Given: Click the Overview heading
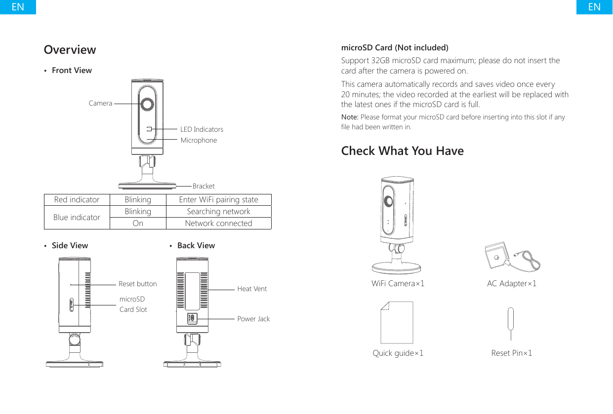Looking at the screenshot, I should click(x=70, y=50).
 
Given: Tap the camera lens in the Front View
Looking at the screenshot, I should click(x=147, y=104).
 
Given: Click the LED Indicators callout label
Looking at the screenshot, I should click(x=202, y=129).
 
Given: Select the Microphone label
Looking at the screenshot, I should click(x=199, y=140).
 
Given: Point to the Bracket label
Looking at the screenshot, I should click(x=204, y=186).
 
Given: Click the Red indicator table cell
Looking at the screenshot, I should click(x=77, y=200).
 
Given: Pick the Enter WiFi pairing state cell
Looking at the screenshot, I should click(x=218, y=200).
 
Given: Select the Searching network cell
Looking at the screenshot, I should click(x=218, y=212).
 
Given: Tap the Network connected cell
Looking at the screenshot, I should click(x=218, y=224).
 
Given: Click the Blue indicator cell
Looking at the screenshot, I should click(x=77, y=217).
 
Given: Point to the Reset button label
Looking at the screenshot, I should click(x=137, y=284).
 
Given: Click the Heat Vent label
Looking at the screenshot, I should click(x=252, y=289).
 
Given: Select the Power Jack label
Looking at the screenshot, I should click(x=253, y=319).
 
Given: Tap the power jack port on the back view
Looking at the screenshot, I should click(x=192, y=318).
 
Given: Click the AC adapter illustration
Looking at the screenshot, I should click(x=511, y=259).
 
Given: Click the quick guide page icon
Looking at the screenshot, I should click(x=396, y=323).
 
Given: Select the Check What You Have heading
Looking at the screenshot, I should click(x=402, y=151).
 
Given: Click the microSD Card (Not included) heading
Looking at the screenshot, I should click(x=395, y=48).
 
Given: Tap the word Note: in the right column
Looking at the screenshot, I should click(x=350, y=117).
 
